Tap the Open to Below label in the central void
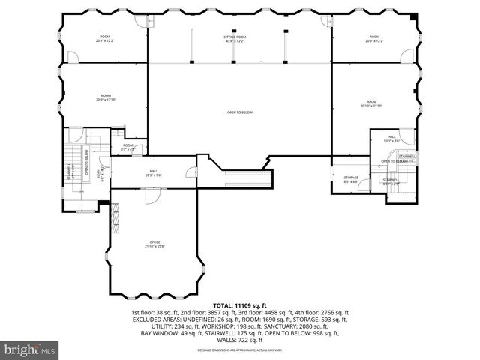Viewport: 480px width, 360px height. tap(240, 112)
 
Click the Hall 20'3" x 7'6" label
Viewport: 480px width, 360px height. tap(153, 174)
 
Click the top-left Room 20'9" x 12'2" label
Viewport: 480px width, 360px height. tap(105, 38)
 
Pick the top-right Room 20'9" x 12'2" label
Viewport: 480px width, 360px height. tap(373, 38)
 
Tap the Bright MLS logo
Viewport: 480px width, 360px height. tap(29, 350)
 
